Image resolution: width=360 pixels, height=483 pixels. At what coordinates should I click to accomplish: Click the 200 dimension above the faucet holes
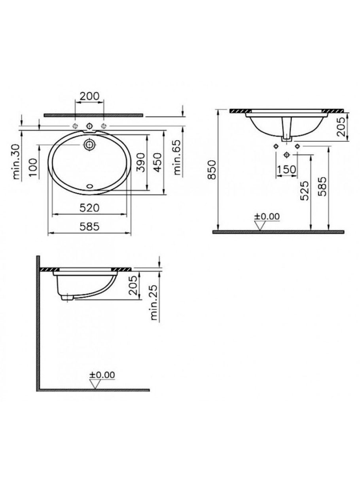coord(89,96)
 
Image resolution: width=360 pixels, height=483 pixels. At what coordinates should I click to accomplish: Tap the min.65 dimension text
coord(178,158)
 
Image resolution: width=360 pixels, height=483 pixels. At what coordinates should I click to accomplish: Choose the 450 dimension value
coord(157,163)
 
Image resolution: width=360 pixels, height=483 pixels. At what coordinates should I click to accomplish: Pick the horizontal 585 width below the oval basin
coord(90,227)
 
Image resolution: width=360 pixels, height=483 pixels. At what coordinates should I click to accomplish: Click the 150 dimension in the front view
coord(286,169)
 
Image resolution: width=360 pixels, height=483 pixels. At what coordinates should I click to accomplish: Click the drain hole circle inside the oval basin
coord(89,145)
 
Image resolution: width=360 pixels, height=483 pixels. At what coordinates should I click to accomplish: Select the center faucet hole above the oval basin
coord(89,126)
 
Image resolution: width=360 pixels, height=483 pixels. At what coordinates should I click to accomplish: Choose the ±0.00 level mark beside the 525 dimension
coord(266,216)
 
